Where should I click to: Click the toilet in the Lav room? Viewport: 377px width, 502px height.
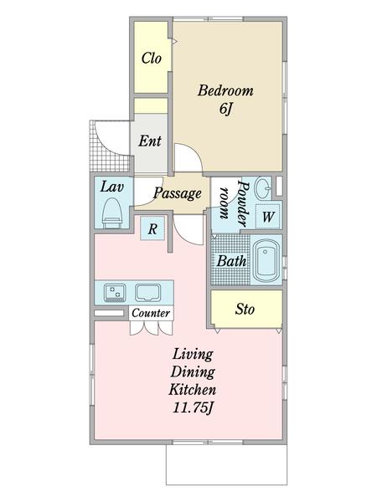(112, 213)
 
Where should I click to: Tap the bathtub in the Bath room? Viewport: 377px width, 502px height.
(266, 260)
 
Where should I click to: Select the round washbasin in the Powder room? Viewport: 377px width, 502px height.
(263, 188)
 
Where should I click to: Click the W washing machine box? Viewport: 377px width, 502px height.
(268, 217)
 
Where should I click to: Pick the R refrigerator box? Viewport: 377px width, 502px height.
(153, 228)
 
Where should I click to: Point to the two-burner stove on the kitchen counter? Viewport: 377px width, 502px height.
(115, 293)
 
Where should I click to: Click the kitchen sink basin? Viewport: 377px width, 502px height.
(147, 293)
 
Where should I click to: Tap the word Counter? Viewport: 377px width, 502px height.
(151, 313)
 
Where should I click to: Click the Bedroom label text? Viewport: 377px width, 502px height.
(225, 90)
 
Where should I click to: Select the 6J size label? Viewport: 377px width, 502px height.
(225, 109)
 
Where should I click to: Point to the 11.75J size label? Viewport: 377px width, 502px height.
(194, 408)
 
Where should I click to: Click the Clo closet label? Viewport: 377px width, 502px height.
(152, 59)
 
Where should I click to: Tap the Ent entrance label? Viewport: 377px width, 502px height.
(150, 141)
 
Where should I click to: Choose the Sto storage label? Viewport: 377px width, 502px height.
(245, 310)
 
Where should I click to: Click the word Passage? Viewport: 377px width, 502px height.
(178, 193)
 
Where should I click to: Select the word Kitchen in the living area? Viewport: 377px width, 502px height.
(193, 390)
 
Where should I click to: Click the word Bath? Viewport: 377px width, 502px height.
(232, 261)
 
